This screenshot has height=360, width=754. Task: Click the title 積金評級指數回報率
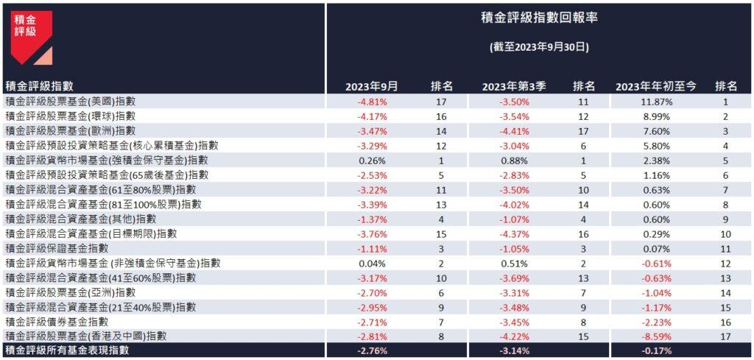click(x=538, y=18)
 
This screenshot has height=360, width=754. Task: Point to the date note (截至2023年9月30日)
click(x=538, y=46)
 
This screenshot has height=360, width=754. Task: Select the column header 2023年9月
click(x=372, y=86)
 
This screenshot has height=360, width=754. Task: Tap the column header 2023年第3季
click(x=514, y=86)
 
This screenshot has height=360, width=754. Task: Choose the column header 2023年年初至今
click(x=656, y=86)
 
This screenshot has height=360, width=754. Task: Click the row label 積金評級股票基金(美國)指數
click(x=75, y=102)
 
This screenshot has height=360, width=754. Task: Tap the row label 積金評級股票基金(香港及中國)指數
click(x=85, y=336)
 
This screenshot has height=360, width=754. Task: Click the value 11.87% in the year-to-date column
click(x=656, y=102)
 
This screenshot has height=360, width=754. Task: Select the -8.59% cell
click(x=656, y=336)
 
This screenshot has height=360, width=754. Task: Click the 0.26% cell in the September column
click(x=372, y=160)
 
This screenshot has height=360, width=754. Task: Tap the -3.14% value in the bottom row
click(x=514, y=351)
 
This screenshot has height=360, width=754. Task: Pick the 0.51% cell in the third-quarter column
click(x=514, y=263)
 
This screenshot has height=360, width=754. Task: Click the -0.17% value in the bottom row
click(x=656, y=351)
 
